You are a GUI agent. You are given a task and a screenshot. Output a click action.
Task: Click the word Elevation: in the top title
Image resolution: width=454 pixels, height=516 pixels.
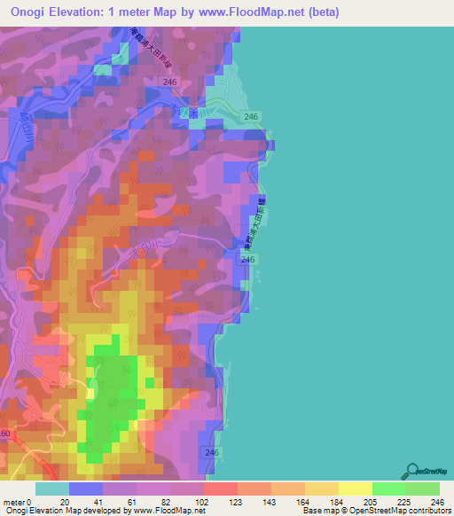[x=90, y=12]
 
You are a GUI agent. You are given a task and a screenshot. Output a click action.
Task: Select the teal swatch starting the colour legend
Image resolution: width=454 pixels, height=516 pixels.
[x=52, y=489]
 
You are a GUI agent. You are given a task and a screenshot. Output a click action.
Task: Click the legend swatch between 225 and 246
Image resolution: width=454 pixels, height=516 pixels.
[x=422, y=489]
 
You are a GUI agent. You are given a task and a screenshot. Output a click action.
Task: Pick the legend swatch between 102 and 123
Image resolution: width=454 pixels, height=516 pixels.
[x=220, y=489]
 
